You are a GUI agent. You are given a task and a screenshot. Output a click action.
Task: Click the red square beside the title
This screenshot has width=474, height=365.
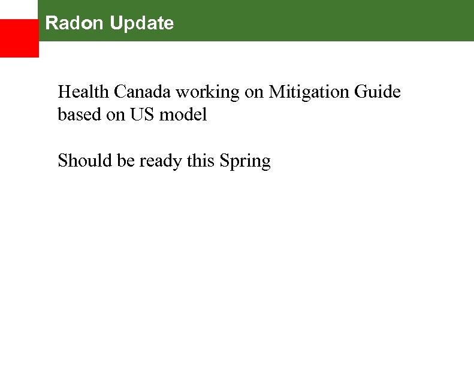(19, 38)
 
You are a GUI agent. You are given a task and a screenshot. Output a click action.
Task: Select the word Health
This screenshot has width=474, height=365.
(83, 92)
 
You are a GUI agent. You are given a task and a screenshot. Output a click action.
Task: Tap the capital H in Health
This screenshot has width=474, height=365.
(64, 92)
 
